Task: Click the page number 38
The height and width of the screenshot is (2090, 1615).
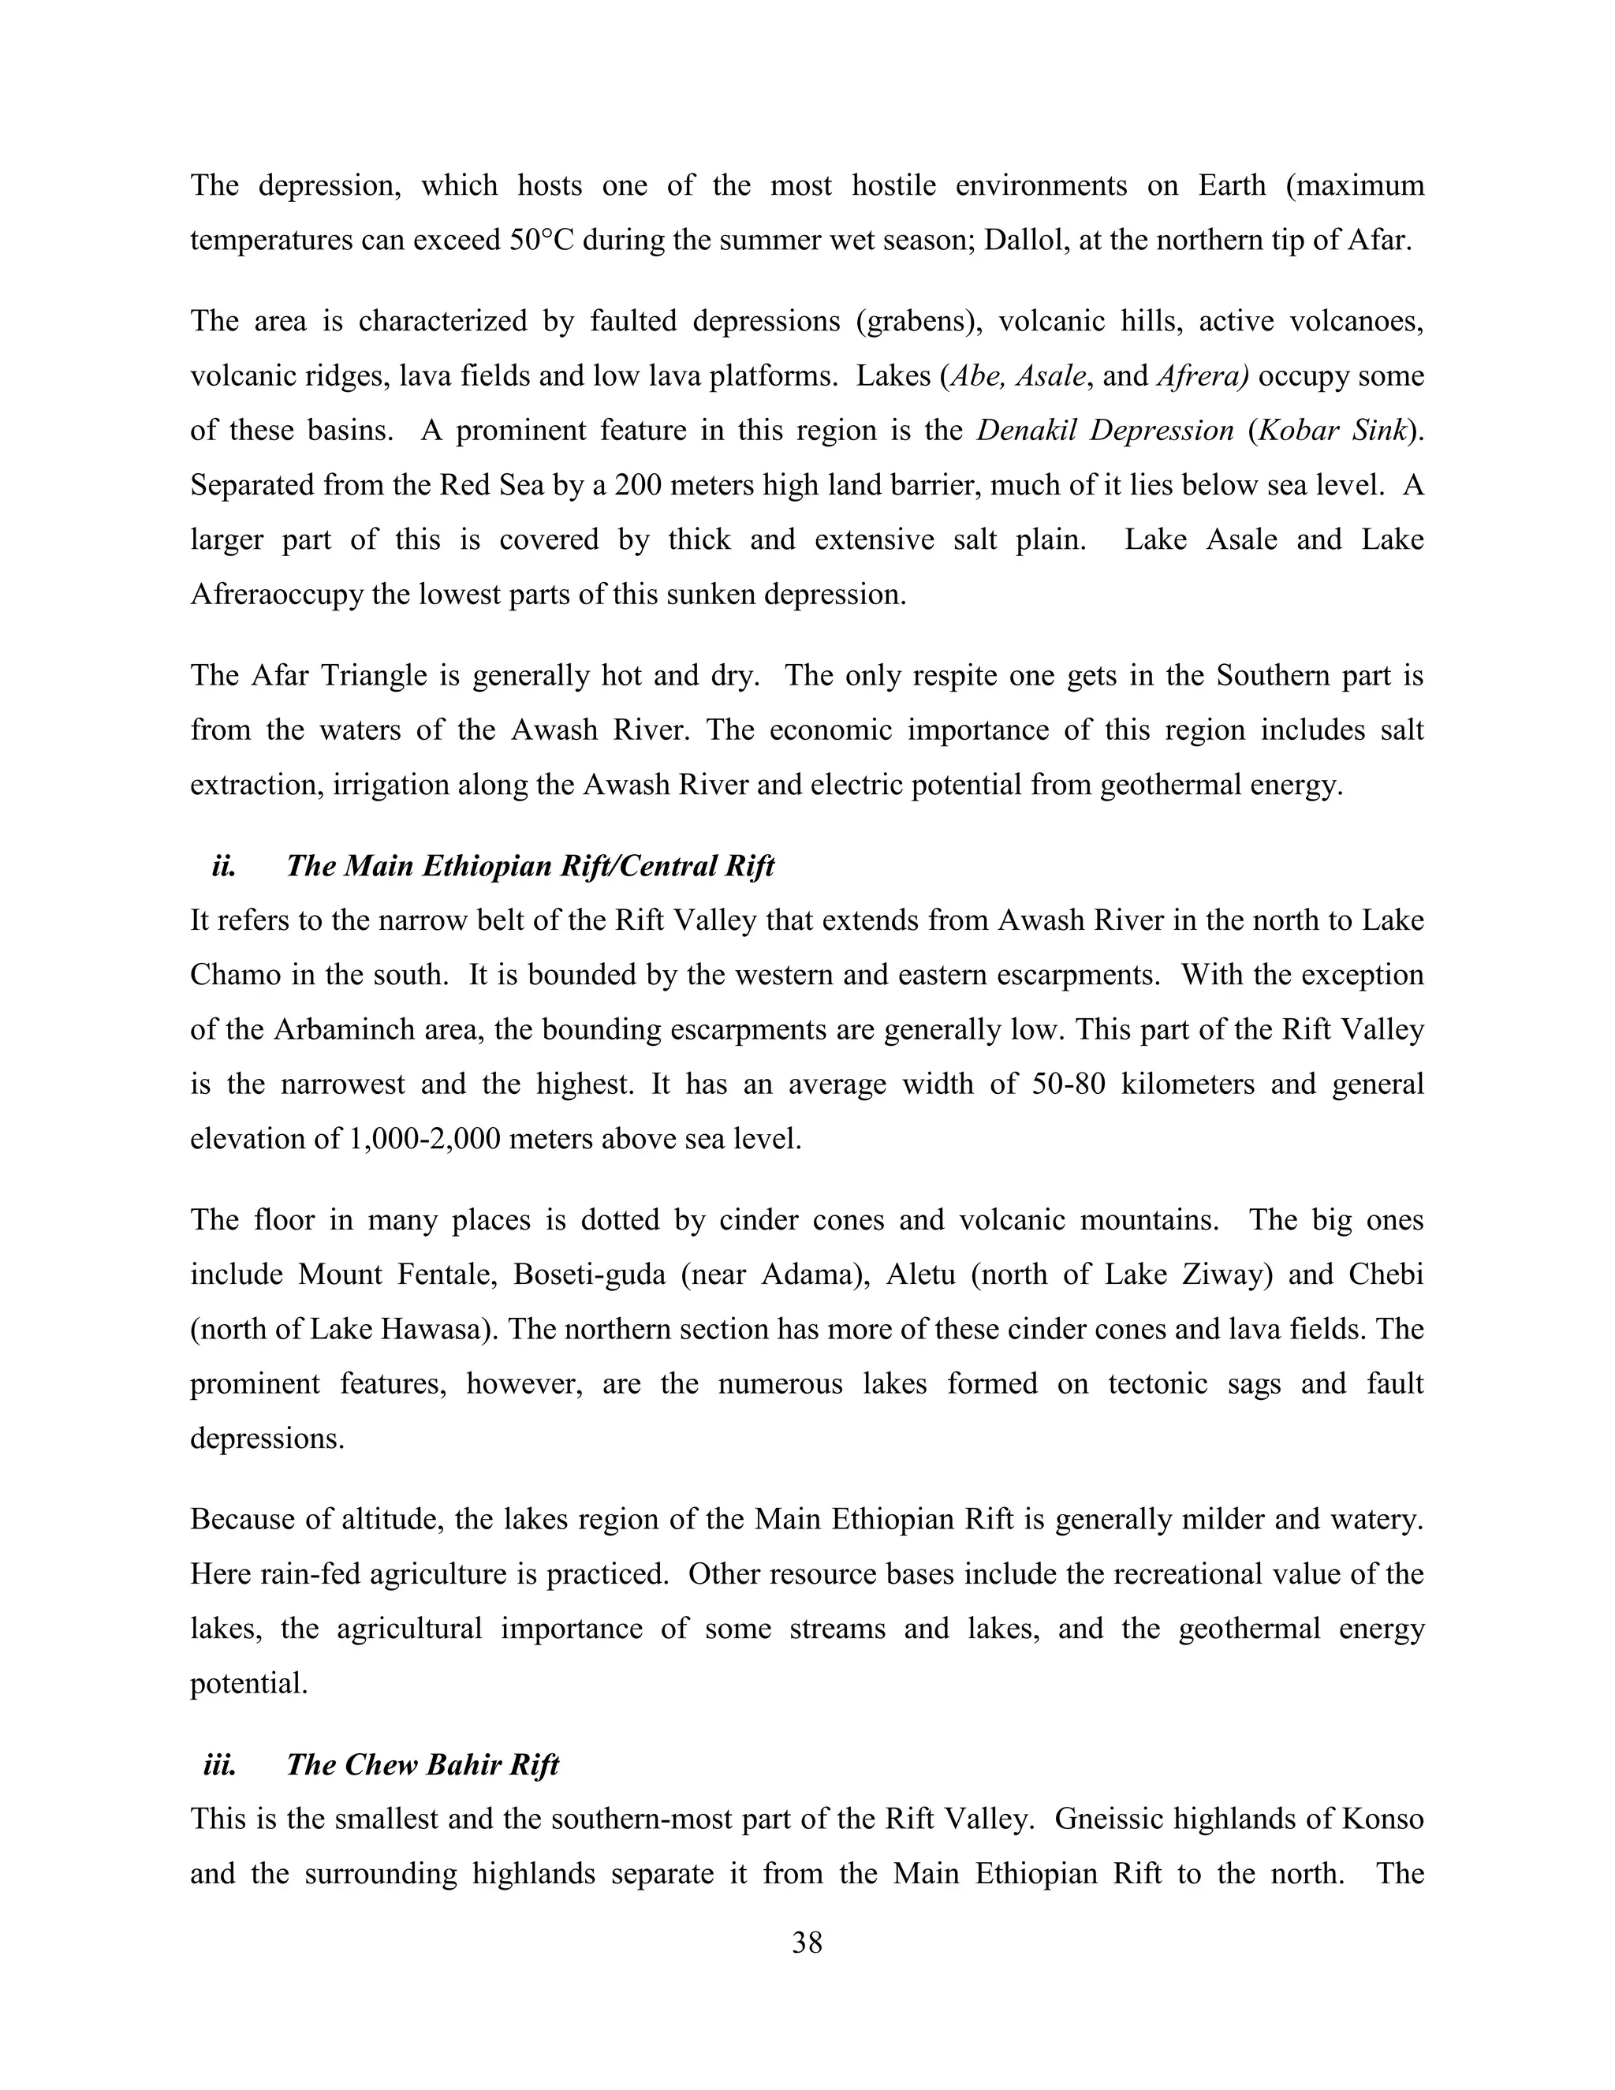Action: pyautogui.click(x=807, y=1943)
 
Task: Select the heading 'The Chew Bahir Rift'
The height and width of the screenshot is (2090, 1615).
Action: pyautogui.click(x=422, y=1764)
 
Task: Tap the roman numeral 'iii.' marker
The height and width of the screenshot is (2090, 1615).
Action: pyautogui.click(x=219, y=1764)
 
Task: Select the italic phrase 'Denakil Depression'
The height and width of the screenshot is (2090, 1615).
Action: pyautogui.click(x=1104, y=431)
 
